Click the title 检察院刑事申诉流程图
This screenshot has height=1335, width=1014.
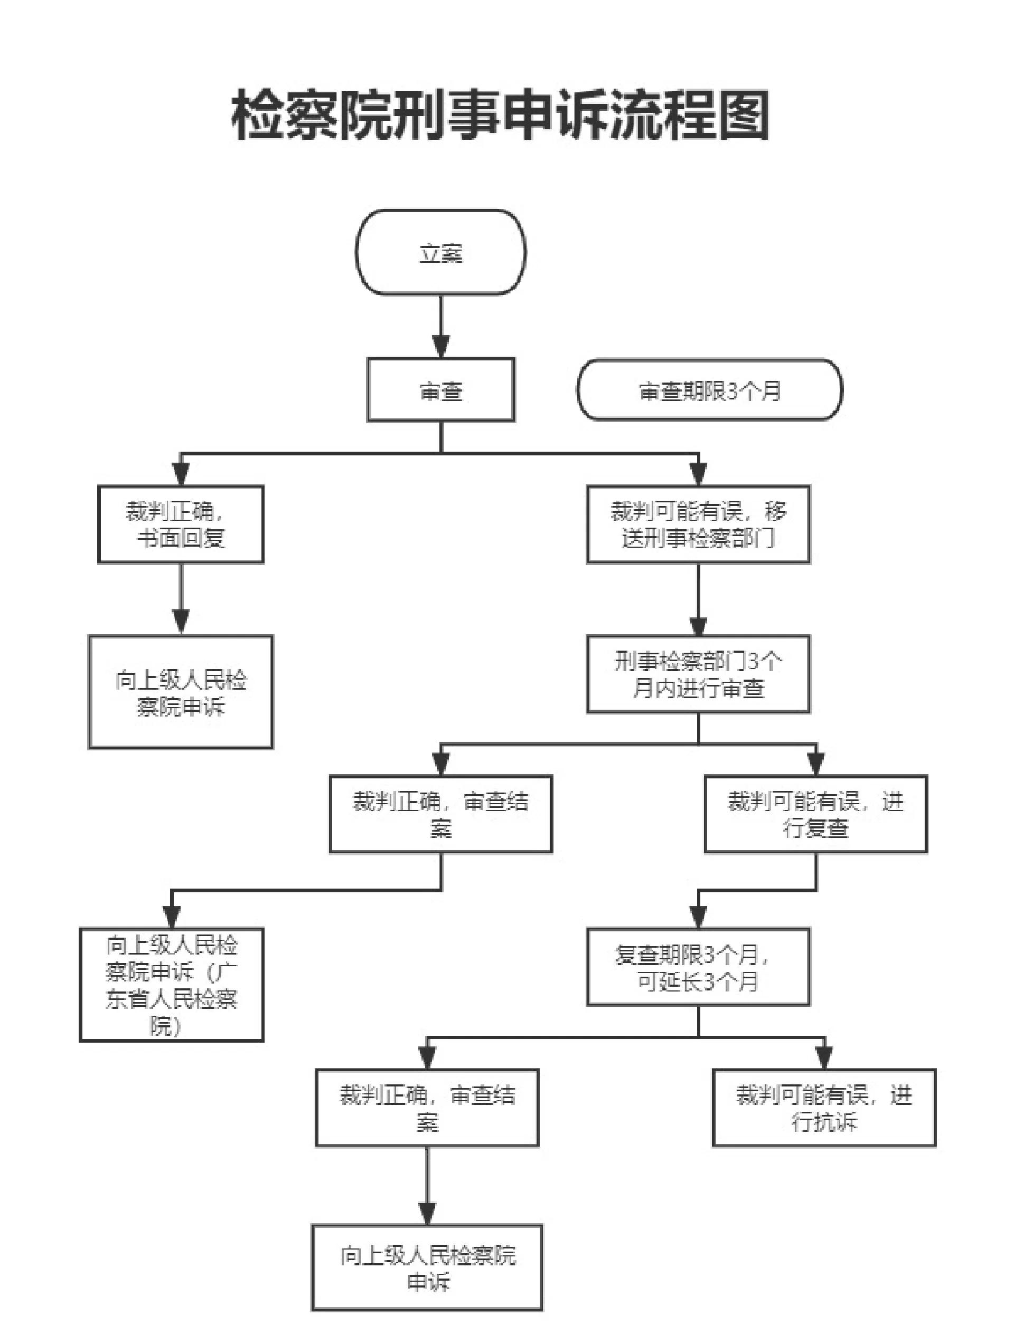500,115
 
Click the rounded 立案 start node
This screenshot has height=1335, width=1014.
441,252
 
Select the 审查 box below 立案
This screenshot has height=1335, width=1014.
441,390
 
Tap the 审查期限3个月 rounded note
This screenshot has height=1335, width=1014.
710,390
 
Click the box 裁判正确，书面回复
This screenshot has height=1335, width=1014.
181,524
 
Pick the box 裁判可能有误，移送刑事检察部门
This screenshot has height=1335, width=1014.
698,524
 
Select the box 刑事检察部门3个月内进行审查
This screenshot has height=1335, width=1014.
698,674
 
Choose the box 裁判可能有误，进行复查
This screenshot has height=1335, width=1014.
816,814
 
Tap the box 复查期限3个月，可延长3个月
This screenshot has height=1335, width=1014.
698,967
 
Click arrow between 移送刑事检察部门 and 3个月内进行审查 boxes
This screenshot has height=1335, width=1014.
698,600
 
